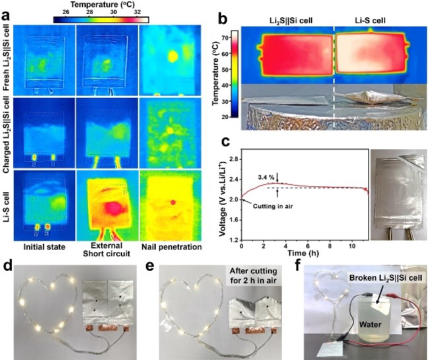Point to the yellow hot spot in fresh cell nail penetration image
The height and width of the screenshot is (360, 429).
174,54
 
